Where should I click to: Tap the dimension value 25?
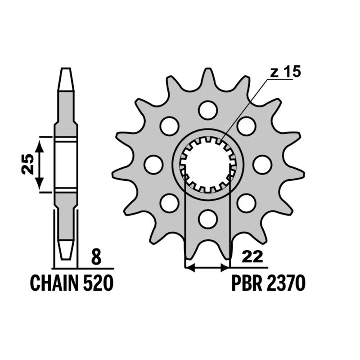27,164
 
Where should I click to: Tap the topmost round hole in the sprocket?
207,110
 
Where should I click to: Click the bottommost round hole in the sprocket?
207,219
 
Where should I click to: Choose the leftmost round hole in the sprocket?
153,164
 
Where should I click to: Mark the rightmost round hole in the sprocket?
262,164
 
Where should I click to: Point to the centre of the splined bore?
207,164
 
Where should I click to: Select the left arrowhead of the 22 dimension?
189,268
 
